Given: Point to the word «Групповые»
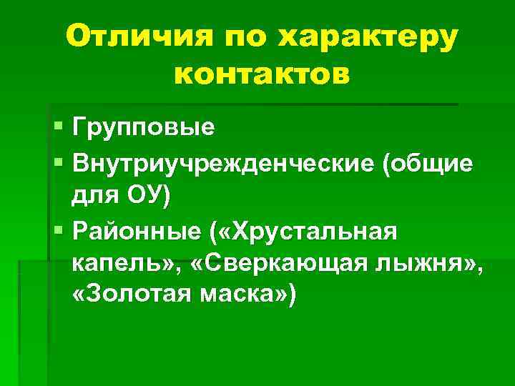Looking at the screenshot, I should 143,129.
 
